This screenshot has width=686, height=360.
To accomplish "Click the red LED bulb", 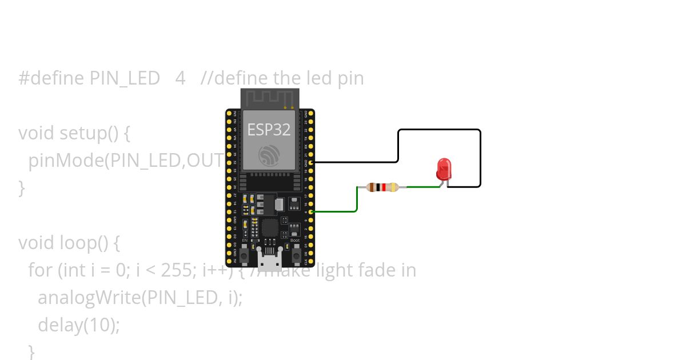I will pos(444,169).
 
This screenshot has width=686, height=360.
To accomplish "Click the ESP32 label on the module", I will pos(268,130).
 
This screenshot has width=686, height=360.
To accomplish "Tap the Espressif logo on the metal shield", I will pos(268,155).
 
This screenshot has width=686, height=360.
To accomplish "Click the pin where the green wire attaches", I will pos(311,212).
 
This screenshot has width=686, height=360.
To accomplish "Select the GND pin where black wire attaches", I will pos(311,162).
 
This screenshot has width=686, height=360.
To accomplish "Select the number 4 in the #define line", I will pos(180,78).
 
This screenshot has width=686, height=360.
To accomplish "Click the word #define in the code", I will pos(52,78).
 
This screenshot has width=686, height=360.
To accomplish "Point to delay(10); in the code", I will pos(79,325).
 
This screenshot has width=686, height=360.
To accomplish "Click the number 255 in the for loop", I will pos(166,270).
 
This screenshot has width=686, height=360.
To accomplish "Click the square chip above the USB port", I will pos(270,227).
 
